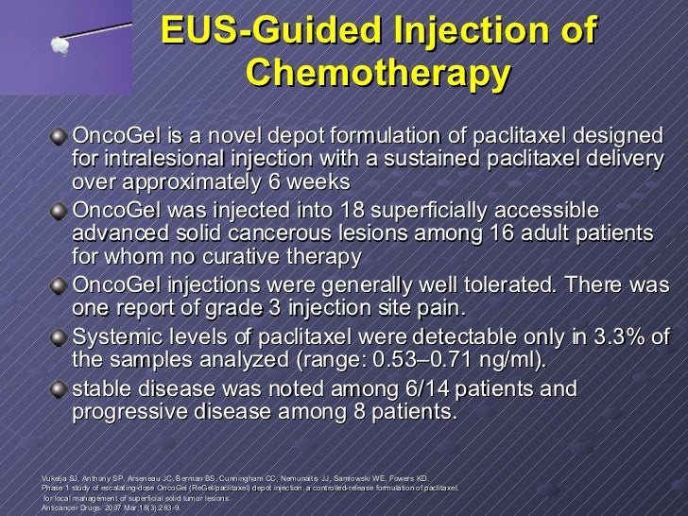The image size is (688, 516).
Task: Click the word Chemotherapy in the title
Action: (380, 72)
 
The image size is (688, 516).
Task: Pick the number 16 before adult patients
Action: (510, 232)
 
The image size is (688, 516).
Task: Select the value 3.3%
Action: (619, 336)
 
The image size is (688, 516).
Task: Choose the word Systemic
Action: (117, 336)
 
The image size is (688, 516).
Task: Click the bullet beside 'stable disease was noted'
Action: (60, 389)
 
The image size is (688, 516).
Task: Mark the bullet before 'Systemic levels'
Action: (60, 337)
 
